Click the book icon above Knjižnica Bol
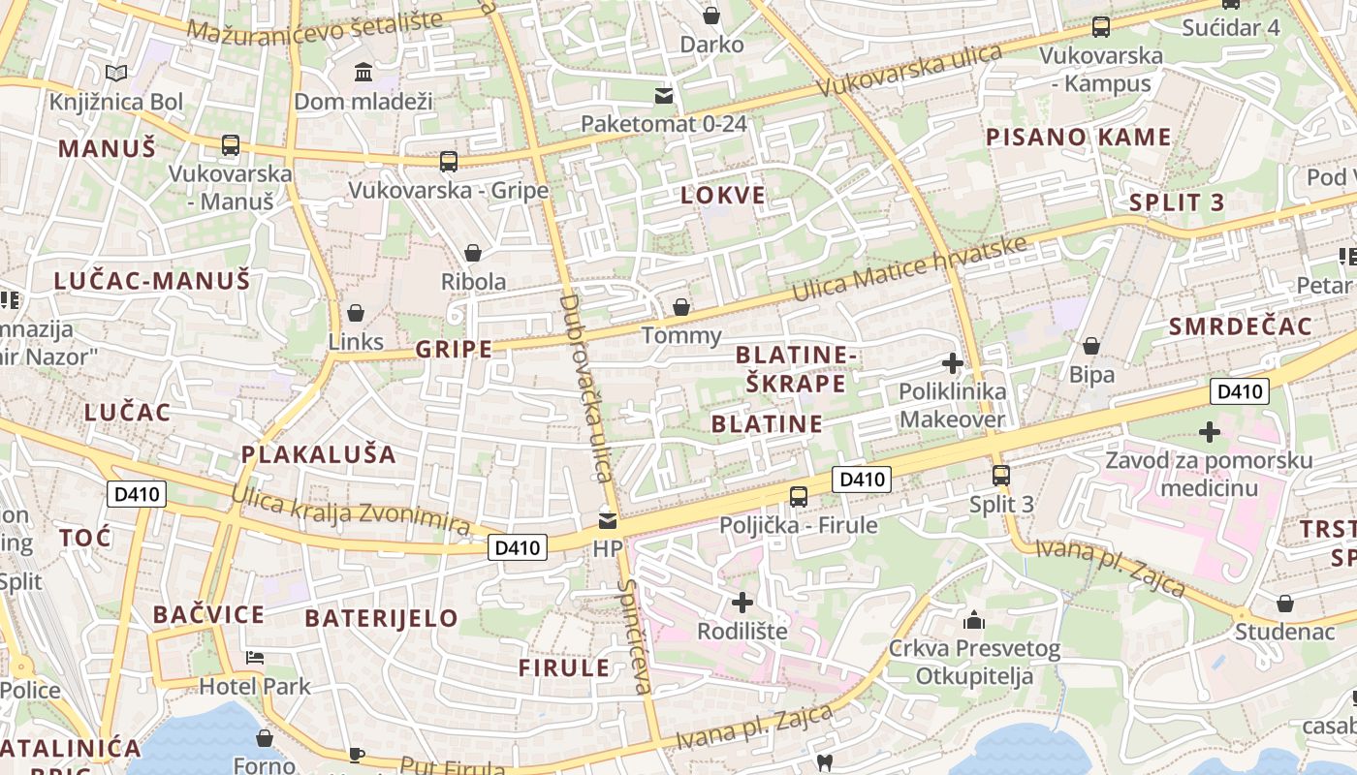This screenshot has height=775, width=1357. [115, 73]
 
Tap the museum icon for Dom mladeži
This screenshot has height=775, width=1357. [363, 72]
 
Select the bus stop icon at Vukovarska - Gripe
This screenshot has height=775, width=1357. [448, 161]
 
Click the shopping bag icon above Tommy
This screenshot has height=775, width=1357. [681, 307]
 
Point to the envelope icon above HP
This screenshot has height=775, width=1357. [608, 520]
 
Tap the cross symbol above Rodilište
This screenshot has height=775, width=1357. [742, 603]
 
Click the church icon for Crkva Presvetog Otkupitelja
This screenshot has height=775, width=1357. [974, 619]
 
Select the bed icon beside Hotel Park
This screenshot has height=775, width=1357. [255, 658]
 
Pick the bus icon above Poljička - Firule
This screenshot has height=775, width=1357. [798, 496]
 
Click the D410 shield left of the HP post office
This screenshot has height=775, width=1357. [518, 547]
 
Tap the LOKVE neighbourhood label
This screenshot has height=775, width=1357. [723, 195]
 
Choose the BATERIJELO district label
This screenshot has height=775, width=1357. [381, 618]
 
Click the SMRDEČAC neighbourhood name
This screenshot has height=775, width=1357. [1240, 325]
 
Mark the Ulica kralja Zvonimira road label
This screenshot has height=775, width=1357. [350, 511]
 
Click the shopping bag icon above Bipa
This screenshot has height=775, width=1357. [1091, 346]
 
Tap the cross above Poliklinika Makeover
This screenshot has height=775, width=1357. [953, 363]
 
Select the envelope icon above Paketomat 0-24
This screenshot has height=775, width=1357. [664, 95]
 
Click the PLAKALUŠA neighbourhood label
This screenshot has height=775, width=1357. [319, 454]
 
